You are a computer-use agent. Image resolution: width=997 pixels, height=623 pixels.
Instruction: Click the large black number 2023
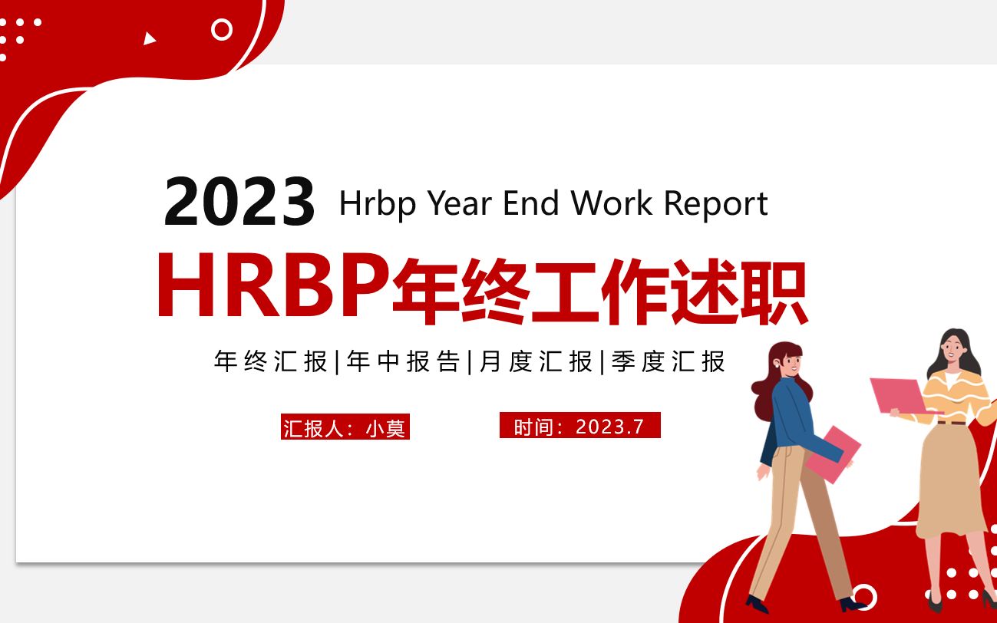(x=239, y=202)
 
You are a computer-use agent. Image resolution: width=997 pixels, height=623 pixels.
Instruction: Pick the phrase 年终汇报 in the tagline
(x=271, y=361)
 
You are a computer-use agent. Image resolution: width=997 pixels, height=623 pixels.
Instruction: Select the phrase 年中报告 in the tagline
(x=404, y=361)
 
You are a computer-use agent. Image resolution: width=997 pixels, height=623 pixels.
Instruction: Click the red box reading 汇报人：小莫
(x=345, y=427)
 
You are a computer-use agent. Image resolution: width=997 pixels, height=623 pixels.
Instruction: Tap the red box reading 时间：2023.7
(x=579, y=426)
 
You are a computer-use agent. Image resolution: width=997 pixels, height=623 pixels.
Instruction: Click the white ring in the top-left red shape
(x=222, y=30)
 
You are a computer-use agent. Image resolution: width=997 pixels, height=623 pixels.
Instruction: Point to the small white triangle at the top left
(x=150, y=38)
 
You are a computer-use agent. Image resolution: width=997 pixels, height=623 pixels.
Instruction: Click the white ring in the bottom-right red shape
(x=865, y=597)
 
